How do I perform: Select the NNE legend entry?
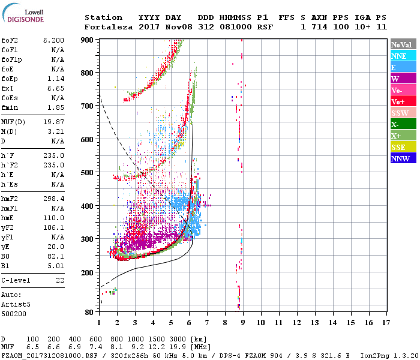[399, 56]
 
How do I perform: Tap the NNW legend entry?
[400, 158]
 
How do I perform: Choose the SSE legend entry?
[398, 147]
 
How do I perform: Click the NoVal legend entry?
[401, 44]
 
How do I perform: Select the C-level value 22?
[59, 280]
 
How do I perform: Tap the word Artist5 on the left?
[15, 304]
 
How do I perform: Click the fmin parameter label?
[10, 107]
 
